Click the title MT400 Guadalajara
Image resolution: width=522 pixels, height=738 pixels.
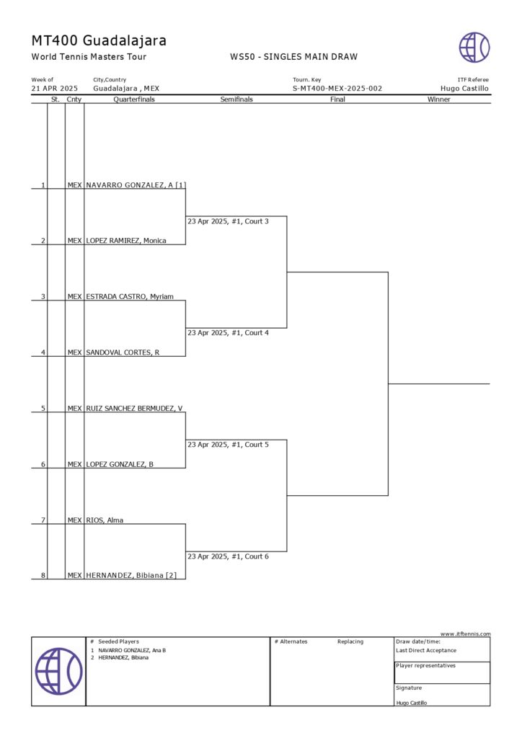tap(99, 40)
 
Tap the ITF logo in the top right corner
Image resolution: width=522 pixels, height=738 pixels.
tap(474, 47)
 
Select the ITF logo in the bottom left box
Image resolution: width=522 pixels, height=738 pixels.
tap(58, 671)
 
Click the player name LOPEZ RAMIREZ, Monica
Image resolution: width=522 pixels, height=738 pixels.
tap(126, 241)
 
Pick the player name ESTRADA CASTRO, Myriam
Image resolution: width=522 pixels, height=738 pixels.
tap(130, 296)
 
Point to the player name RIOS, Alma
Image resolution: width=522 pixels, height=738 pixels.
tap(105, 520)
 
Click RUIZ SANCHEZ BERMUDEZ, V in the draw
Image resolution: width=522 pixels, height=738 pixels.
tap(135, 408)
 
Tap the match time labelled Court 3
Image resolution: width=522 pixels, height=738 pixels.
tap(228, 221)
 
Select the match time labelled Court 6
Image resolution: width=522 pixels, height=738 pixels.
tap(228, 556)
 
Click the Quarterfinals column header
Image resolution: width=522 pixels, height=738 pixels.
tap(134, 99)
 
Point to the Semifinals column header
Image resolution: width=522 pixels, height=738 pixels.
tap(236, 99)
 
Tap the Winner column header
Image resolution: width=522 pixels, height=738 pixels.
tap(438, 99)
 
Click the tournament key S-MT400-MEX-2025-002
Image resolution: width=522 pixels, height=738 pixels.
tap(337, 89)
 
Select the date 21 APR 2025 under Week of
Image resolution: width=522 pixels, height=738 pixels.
tap(55, 89)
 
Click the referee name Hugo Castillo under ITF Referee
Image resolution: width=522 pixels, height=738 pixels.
tap(464, 89)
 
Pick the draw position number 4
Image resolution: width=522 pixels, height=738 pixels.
tap(43, 352)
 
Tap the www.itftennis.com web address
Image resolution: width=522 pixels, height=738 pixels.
tap(466, 633)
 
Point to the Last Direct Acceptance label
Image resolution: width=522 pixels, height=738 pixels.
tap(426, 650)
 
